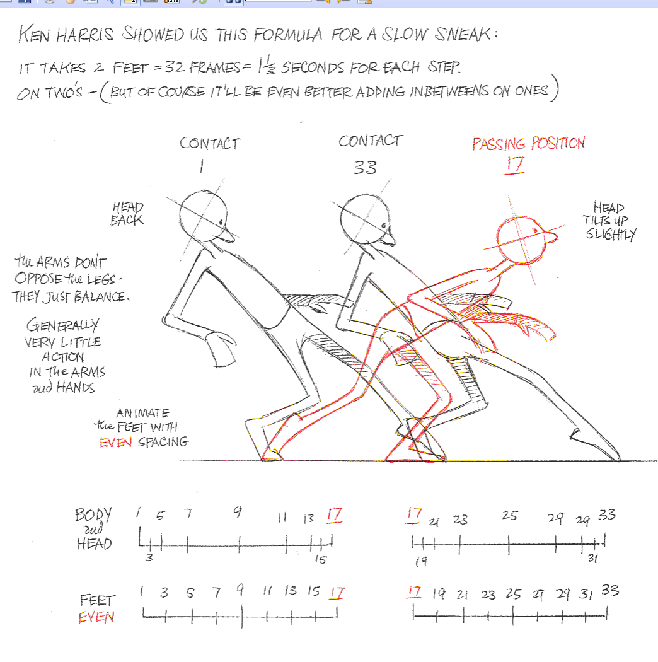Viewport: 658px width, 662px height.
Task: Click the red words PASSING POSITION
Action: coord(528,144)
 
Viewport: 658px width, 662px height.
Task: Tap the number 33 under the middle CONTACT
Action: coord(365,167)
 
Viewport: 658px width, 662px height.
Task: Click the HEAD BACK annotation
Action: coord(128,214)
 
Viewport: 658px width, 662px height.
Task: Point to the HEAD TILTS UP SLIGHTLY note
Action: coord(609,221)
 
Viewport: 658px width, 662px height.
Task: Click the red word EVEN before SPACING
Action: coord(116,442)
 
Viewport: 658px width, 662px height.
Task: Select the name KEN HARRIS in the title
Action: coord(67,35)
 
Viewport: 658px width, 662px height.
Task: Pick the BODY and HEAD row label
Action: coord(93,529)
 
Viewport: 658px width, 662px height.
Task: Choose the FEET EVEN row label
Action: coord(97,608)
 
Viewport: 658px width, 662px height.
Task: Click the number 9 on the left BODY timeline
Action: coord(238,512)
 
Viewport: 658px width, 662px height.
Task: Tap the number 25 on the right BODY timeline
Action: coord(510,516)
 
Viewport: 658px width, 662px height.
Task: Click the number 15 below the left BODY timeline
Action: coord(320,559)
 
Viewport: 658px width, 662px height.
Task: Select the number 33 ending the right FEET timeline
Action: coord(609,591)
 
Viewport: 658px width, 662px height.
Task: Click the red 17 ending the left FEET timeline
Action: coord(337,593)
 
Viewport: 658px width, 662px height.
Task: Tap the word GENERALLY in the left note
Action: coord(62,326)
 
